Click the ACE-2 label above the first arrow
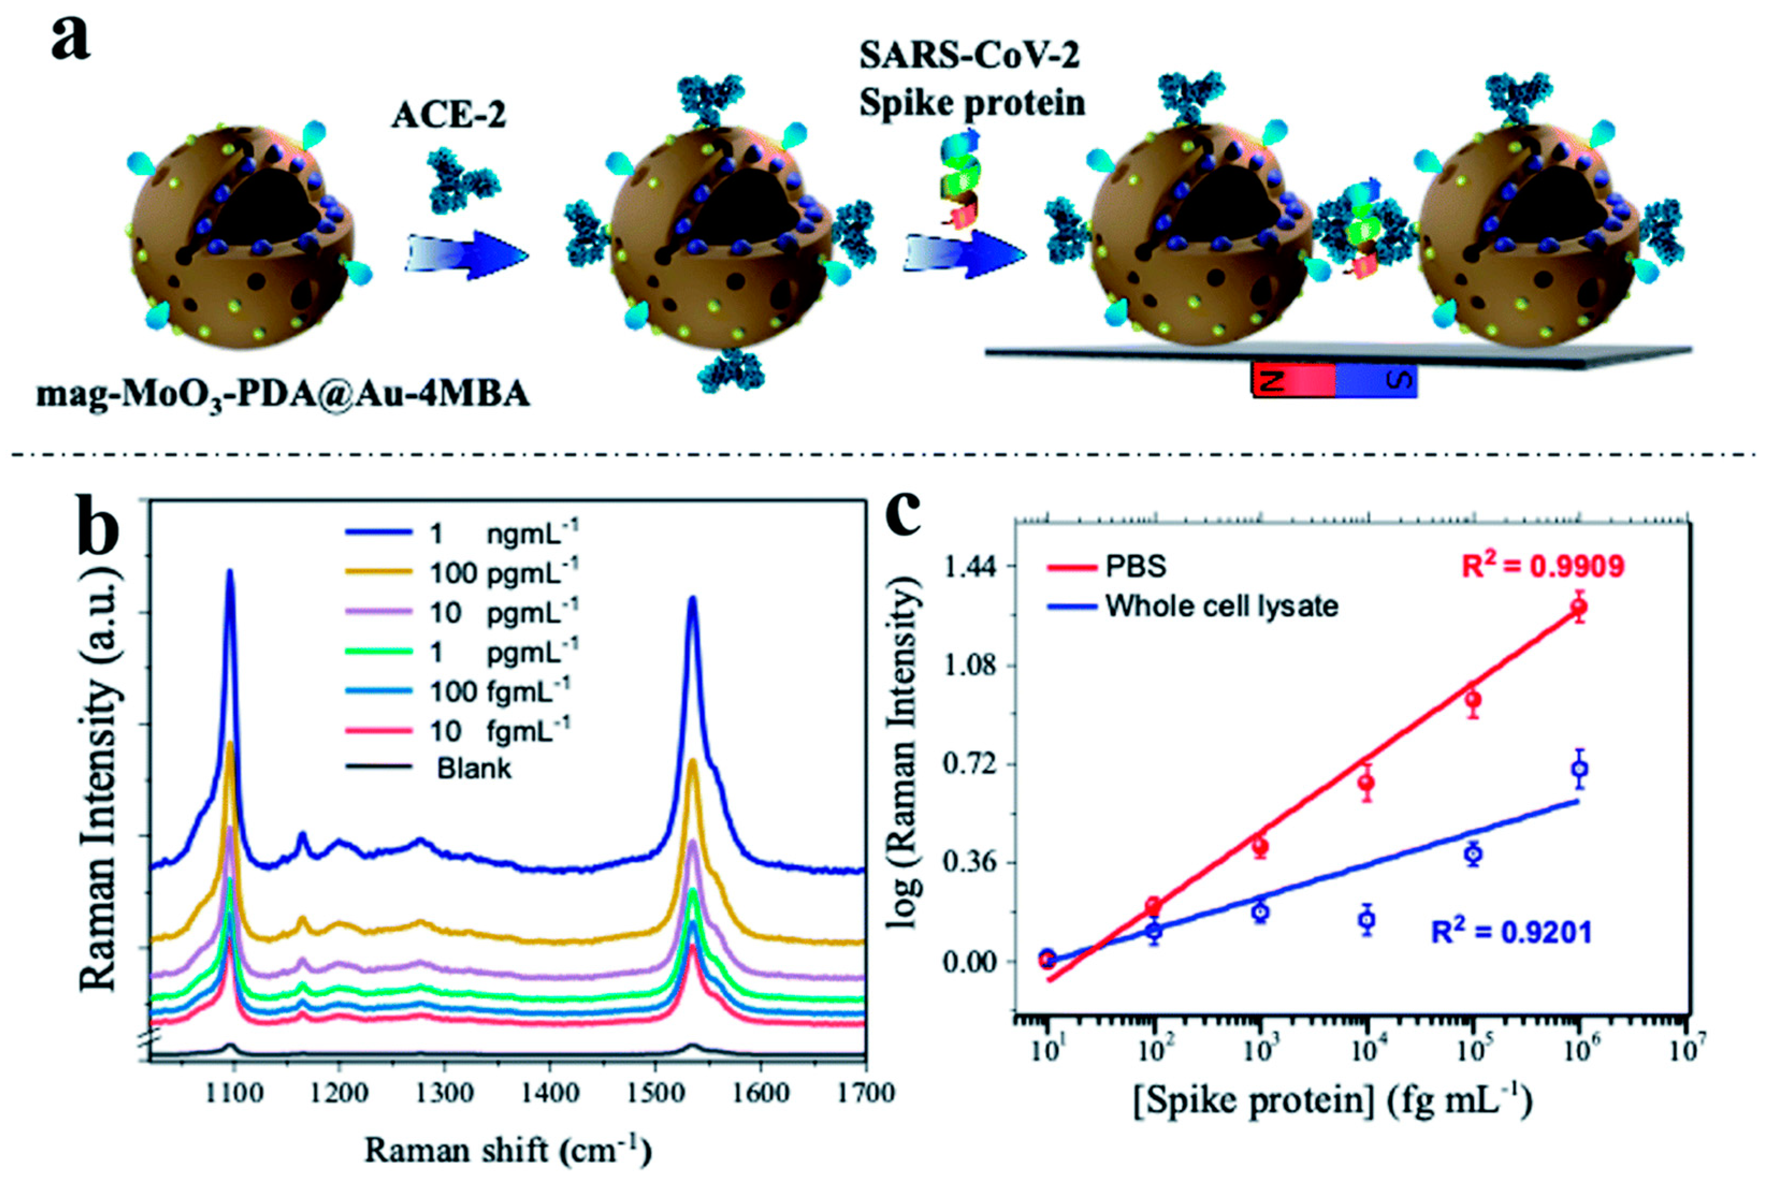point(448,115)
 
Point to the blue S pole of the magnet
point(1376,381)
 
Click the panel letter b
point(98,528)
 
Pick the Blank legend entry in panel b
point(430,769)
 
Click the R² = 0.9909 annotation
point(1542,566)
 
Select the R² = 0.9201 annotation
point(1511,932)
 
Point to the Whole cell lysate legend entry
point(1192,606)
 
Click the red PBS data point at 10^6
point(1579,607)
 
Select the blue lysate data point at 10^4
point(1367,919)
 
